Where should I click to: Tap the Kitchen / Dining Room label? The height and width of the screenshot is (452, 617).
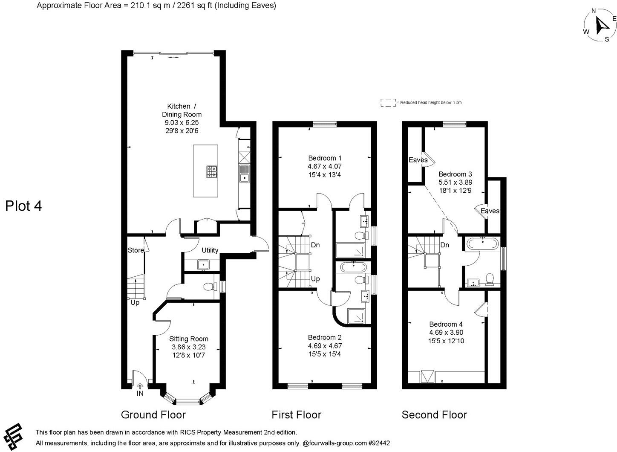coord(182,110)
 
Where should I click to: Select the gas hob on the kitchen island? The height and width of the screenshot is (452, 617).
coord(211,172)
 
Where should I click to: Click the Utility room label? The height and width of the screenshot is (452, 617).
coord(210,250)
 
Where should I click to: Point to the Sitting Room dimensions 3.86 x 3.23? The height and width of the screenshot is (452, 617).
coord(187,347)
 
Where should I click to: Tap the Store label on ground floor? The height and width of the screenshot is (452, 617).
coord(136,250)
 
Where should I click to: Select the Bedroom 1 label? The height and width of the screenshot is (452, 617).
coord(325,158)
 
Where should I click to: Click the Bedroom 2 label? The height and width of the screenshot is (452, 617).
coord(325,337)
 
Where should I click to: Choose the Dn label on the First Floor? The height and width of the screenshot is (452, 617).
coord(315,245)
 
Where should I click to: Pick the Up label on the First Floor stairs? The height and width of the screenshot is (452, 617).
coord(315,279)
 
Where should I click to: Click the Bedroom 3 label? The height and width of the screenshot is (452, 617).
coord(455,174)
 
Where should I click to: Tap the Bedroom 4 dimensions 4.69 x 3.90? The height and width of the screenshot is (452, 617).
coord(446,333)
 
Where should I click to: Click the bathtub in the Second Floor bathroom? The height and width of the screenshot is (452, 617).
coord(482,244)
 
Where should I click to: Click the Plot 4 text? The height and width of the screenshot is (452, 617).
coord(23,206)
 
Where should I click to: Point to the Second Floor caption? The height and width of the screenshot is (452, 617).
coord(434,414)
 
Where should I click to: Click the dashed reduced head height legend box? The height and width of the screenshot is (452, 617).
coord(388,102)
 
